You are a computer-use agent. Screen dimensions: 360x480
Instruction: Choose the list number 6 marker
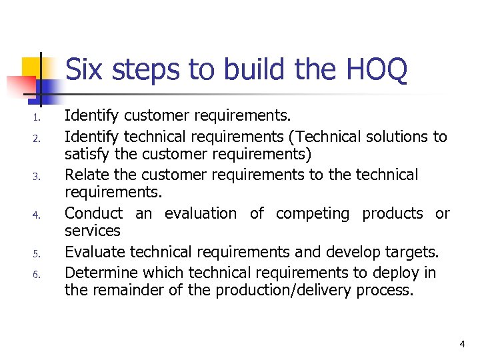[x=37, y=275]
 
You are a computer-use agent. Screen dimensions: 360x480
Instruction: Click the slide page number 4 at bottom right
[x=461, y=344]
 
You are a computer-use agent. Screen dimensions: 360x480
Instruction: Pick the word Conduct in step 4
[x=93, y=214]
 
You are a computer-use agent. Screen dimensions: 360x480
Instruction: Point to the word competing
[x=312, y=214]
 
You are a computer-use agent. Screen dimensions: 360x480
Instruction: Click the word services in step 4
[x=92, y=231]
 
